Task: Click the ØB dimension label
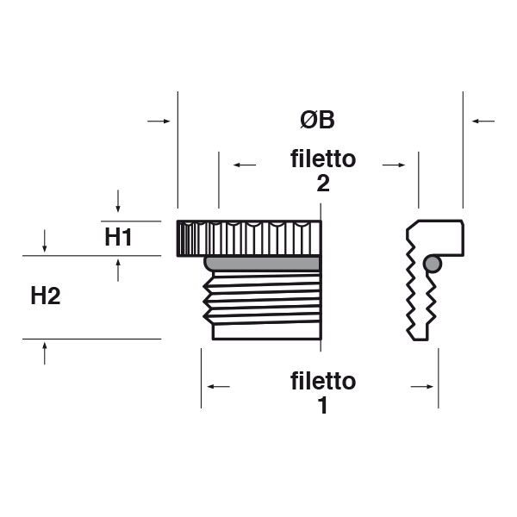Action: coord(317,120)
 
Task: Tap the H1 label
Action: coord(118,237)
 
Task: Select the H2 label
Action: coord(46,296)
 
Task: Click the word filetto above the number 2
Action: coord(323,159)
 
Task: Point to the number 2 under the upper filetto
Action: coord(323,184)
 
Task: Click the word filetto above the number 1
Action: coord(323,381)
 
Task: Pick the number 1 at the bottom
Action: coord(323,405)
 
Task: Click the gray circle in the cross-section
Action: coord(433,264)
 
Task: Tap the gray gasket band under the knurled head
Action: coord(263,264)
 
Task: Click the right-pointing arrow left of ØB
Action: coord(159,121)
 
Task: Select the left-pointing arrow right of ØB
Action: coord(483,121)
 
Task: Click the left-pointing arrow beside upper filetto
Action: coord(245,165)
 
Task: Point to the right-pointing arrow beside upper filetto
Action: coord(394,165)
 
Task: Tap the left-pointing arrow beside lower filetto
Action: coord(218,386)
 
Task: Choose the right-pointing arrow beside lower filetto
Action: coord(422,386)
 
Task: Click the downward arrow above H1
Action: coord(118,201)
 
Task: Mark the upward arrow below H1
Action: coord(118,270)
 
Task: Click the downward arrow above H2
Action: coord(45,241)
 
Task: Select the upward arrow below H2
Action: coord(45,353)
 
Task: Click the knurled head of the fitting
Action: coord(249,239)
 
